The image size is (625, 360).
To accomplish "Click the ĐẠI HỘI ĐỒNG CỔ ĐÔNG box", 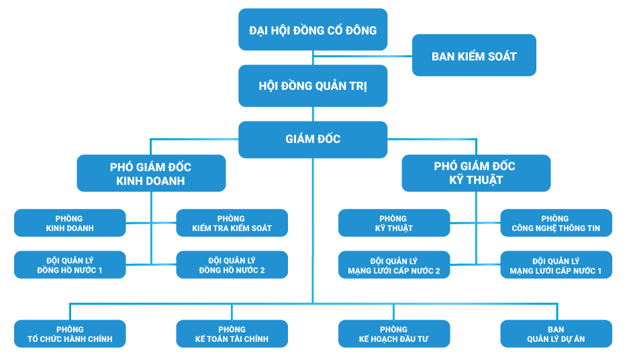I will point(313,30).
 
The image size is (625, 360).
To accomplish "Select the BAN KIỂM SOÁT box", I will point(474,56).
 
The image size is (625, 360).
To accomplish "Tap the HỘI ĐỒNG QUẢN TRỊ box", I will point(313,86).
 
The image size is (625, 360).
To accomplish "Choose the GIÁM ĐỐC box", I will point(313,139).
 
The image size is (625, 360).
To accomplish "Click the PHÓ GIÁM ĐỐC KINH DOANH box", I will point(150,173).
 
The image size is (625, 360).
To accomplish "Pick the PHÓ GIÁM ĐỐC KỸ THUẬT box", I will point(476,173).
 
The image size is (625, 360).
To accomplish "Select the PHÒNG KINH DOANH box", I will point(70,223).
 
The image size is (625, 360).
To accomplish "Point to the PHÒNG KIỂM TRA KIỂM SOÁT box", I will point(232,223).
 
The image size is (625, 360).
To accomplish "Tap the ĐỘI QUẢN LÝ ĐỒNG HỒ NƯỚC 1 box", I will point(70,265).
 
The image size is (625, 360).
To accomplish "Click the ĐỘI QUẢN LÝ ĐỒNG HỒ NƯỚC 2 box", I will point(232,265).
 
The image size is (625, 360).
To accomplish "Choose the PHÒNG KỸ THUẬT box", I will point(394,223).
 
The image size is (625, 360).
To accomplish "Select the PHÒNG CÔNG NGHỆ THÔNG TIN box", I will point(556,223).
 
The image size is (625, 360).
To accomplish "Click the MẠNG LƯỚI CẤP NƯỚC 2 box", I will point(394,265).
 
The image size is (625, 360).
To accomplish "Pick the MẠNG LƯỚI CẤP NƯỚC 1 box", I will point(556,265).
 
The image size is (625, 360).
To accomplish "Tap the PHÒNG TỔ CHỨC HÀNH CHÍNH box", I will point(70,334).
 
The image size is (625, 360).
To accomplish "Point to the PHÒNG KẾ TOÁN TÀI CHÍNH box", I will point(232,334).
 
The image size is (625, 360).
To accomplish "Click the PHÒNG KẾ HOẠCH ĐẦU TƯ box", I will point(394,334).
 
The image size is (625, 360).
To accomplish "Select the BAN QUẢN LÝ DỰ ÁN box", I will point(556,334).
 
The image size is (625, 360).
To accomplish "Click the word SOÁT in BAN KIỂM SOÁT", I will point(499,56).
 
